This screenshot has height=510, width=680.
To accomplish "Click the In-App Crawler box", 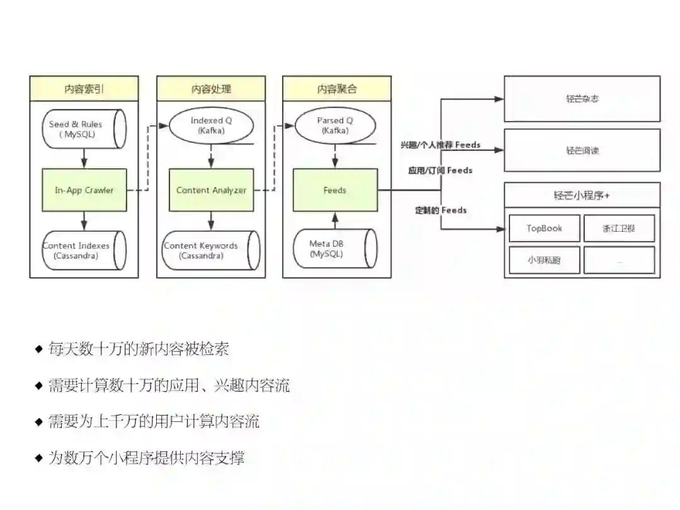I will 84,190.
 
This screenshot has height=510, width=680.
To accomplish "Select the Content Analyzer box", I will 211,190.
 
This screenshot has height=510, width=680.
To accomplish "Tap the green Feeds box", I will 335,190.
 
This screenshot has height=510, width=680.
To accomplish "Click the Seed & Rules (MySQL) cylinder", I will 84,129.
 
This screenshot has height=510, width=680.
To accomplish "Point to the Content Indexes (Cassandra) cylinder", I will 84,250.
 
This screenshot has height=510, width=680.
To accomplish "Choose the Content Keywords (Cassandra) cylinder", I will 211,250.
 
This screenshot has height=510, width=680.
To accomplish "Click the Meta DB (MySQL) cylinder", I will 335,248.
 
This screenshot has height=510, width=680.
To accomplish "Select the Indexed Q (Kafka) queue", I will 212,125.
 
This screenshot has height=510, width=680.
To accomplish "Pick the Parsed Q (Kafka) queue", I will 335,125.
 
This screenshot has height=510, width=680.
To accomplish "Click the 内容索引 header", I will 84,89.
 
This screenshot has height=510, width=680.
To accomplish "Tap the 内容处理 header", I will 211,89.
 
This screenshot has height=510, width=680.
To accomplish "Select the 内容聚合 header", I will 337,89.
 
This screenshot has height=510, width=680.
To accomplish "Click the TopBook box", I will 544,228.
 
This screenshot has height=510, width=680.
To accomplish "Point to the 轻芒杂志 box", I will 582,99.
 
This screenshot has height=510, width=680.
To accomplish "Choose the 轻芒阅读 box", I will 582,150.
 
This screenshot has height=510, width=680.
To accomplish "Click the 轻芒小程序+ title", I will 582,195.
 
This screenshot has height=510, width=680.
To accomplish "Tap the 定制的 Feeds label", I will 441,210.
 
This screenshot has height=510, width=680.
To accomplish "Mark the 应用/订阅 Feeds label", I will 440,170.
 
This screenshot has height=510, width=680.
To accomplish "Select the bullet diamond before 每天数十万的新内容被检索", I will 39,348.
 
